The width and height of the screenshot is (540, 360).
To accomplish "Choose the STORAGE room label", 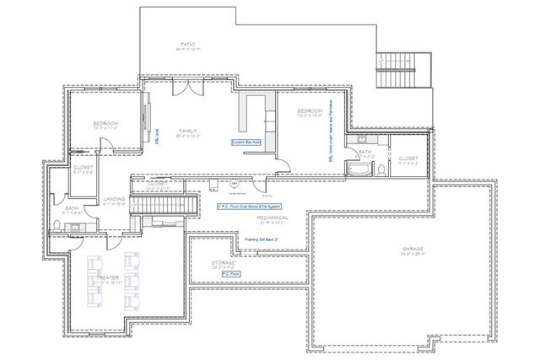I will coord(224,263).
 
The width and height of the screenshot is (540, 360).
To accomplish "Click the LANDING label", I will coord(114,199).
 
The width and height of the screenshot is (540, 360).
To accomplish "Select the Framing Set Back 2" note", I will coord(262,239).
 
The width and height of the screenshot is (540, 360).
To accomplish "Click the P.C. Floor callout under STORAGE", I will coord(231,274).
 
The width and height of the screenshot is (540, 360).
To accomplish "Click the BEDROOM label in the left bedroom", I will coord(105,124).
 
